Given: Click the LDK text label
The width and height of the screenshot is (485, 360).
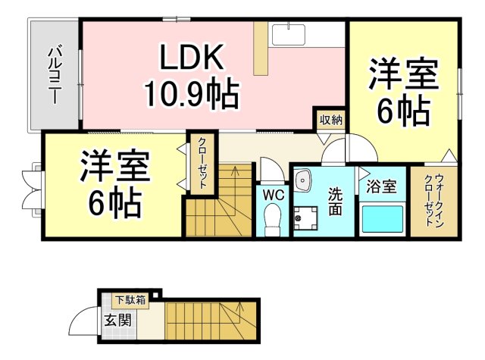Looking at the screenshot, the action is pos(192,58).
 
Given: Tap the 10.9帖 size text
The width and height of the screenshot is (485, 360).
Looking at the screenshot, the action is pos(192,94).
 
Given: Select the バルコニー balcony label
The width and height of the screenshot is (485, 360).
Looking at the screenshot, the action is pos(55,75).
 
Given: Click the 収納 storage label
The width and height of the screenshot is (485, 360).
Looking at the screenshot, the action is pos(331,120).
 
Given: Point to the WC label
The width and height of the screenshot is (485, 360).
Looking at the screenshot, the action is pos(274,195).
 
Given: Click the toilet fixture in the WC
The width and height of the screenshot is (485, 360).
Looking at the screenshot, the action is pos(273,220).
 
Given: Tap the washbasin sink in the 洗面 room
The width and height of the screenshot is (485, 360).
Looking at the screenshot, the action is pos(303,180).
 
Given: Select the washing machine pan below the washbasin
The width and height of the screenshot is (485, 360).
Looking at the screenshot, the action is pos(305,218).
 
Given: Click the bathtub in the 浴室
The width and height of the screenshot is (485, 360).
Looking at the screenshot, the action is pos(382,219).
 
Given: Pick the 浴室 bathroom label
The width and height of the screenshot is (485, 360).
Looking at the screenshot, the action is pos(381,186).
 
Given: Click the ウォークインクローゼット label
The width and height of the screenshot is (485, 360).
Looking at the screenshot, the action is pos(434,200).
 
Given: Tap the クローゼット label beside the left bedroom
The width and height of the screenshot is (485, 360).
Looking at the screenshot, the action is pos(202,163).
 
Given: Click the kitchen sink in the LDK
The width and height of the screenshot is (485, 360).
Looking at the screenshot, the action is pos(288,34).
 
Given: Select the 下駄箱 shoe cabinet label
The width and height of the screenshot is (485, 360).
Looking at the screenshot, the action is pos(130,300).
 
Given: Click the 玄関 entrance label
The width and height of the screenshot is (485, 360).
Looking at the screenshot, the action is pos(118,320).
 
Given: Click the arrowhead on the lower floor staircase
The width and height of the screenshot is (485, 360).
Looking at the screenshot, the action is pos(239,307).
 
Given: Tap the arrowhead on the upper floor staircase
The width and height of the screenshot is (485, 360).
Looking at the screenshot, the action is pos(235,169).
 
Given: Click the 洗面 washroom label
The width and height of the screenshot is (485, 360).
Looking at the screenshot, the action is pos(335,202).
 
